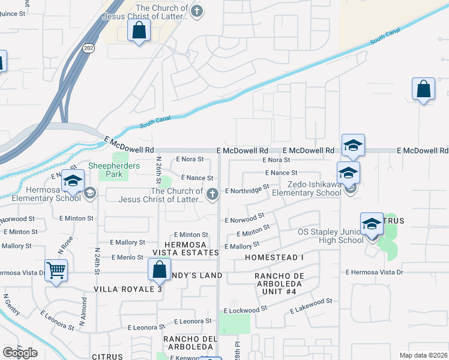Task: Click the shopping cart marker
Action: [56, 271]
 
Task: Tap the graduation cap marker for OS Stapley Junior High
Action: [372, 224]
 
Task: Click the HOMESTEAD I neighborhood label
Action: [274, 257]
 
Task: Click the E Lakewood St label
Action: [311, 306]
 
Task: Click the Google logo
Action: [20, 353]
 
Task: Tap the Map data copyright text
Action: [423, 355]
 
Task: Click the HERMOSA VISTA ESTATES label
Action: [184, 248]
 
